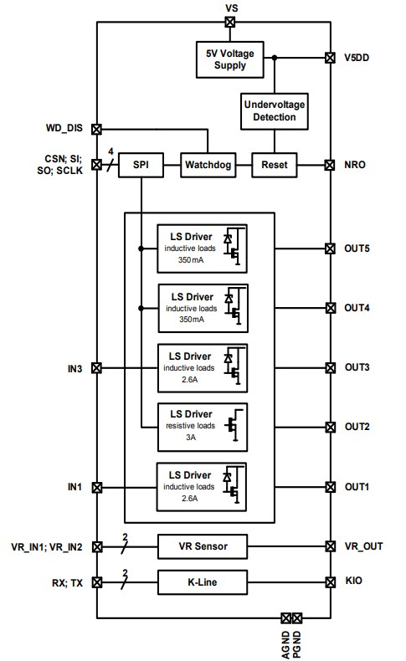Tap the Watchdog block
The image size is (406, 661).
point(208,165)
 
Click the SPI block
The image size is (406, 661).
point(141,165)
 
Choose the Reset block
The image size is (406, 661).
point(275,165)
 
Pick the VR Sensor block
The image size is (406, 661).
point(203,546)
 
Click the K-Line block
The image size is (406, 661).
point(203,582)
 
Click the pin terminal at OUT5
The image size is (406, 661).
point(330,249)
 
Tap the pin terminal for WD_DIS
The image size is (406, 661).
point(96,130)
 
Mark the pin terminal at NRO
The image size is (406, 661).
point(330,165)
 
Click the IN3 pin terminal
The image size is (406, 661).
point(96,367)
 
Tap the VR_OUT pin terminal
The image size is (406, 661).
point(330,546)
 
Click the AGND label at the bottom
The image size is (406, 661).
point(285,643)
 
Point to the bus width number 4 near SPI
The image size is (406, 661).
point(110,152)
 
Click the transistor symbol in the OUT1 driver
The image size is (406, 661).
point(235,488)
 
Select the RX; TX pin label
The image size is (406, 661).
point(66,582)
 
